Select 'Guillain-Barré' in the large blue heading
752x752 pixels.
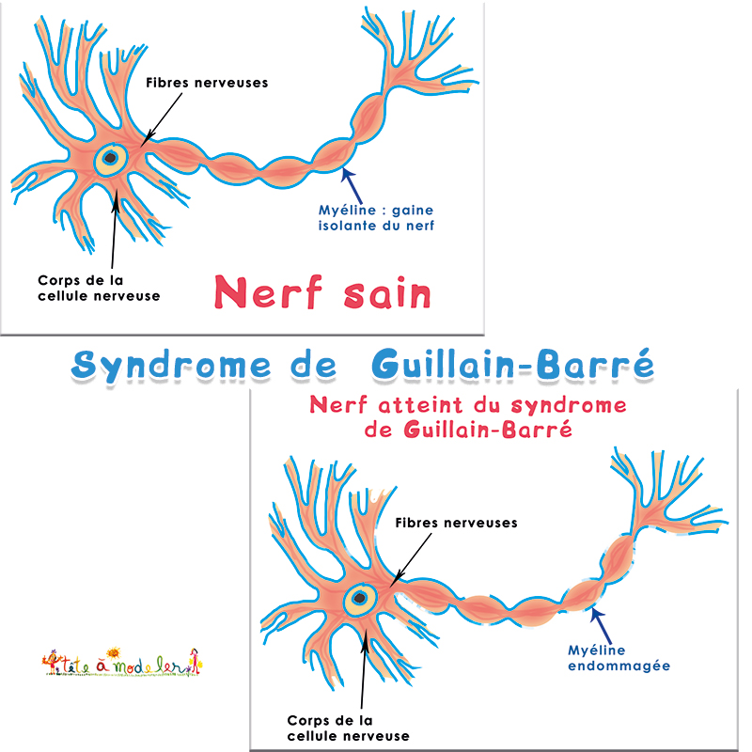tap(512, 365)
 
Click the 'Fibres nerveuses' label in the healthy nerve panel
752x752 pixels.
tap(207, 83)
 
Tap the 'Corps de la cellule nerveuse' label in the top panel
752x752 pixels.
tap(99, 288)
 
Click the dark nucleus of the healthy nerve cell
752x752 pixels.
tap(111, 158)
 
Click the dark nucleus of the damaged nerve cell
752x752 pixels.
tap(359, 597)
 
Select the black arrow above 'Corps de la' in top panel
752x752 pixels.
tap(114, 226)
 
